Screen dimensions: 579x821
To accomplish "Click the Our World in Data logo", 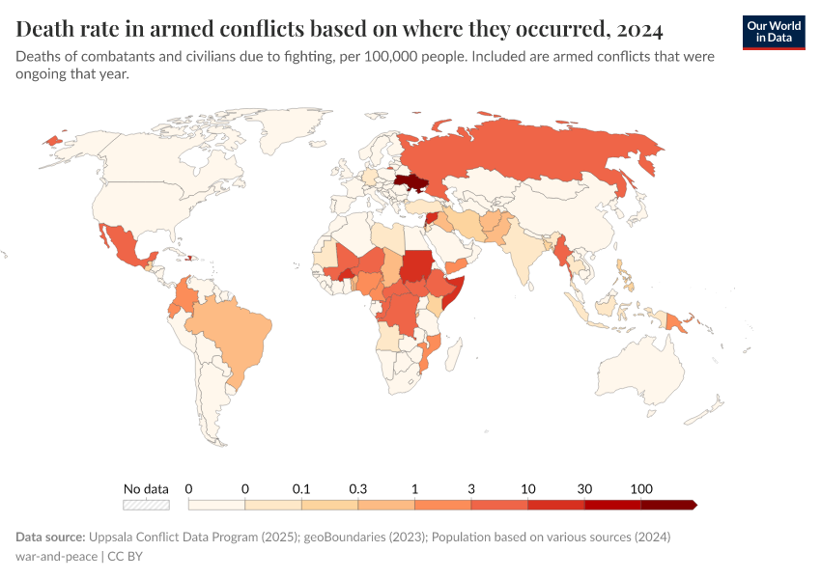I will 774,32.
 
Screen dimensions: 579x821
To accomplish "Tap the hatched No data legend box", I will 146,504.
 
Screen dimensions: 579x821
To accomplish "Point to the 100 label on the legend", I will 640,488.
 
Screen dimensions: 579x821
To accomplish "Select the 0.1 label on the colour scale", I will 301,488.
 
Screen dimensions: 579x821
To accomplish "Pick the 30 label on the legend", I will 584,488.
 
